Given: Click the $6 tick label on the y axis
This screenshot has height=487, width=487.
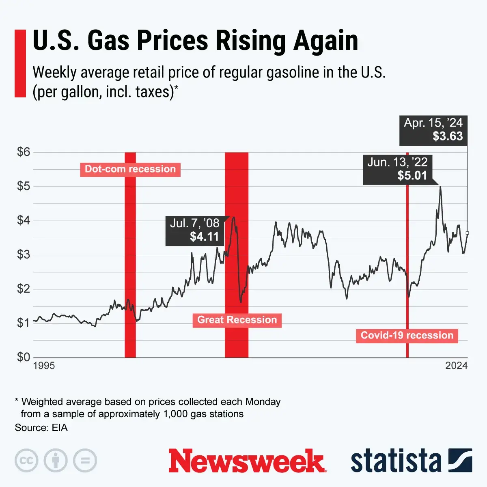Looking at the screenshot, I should tap(24, 152).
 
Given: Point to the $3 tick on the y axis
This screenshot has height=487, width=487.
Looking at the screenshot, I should tap(24, 255).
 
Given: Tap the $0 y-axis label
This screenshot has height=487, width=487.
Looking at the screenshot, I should tap(24, 357).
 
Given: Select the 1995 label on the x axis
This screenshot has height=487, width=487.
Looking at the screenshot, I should tap(44, 366).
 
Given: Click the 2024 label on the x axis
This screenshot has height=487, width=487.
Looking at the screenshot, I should tap(456, 366).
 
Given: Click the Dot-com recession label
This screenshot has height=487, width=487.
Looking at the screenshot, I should tap(130, 169).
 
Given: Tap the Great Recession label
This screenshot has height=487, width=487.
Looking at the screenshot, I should tap(237, 320).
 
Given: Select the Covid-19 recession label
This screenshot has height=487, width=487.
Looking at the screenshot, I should tap(407, 336).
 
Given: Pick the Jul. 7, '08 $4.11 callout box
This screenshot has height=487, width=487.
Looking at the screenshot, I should tap(194, 230).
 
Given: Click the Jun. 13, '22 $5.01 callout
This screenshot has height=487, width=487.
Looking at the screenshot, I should tap(397, 169).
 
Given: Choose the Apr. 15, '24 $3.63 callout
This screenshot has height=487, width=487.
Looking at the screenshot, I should tap(433, 130).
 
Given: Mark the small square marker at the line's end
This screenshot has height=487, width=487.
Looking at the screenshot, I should tap(468, 233).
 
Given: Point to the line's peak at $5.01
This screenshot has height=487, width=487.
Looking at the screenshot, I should tap(440, 187).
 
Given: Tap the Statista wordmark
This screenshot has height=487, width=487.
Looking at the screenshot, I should tap(396, 461).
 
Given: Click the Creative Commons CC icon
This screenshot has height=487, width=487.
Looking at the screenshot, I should tap(26, 461).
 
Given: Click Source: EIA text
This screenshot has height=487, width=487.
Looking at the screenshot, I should tap(41, 428).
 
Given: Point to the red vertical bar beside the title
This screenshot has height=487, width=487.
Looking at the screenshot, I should tap(20, 63).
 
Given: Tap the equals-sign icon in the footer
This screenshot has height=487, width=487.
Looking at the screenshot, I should tap(85, 461).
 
